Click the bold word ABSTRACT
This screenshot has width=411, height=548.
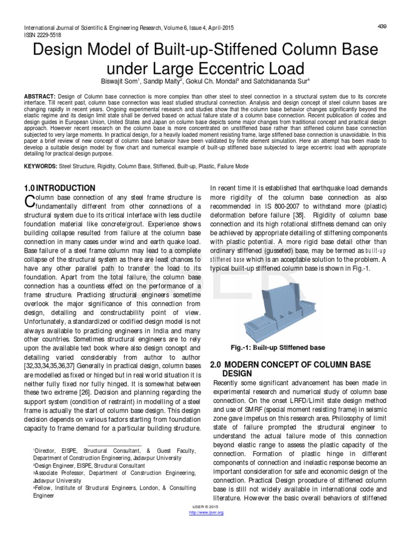pyautogui.click(x=40, y=95)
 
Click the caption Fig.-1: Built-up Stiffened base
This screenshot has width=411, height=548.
pyautogui.click(x=277, y=347)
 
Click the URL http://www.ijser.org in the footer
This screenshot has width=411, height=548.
pyautogui.click(x=207, y=513)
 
